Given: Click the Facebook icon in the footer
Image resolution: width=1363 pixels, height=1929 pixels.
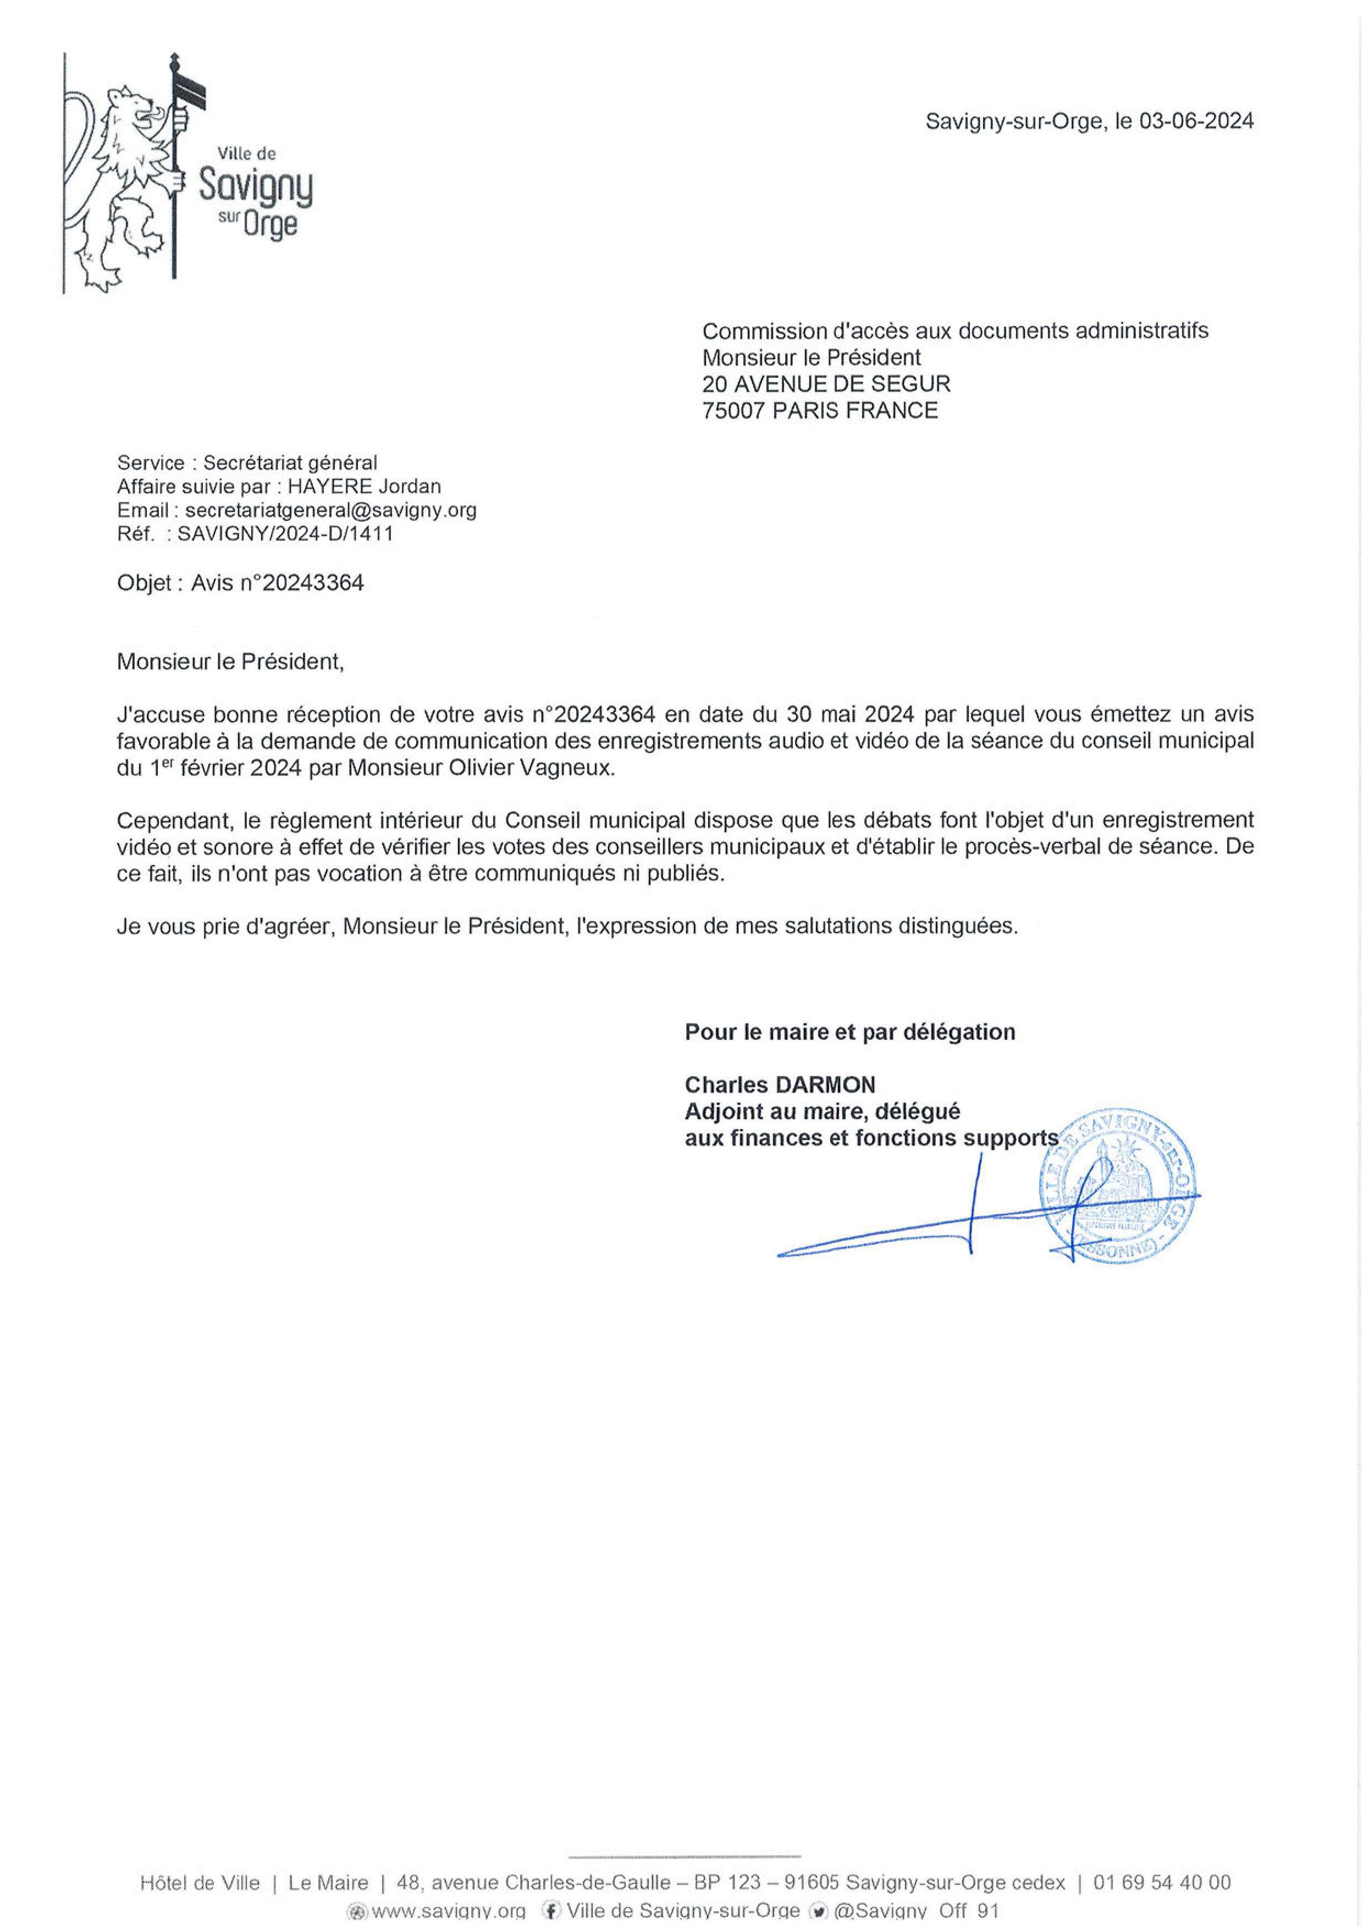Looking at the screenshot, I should point(552,1910).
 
